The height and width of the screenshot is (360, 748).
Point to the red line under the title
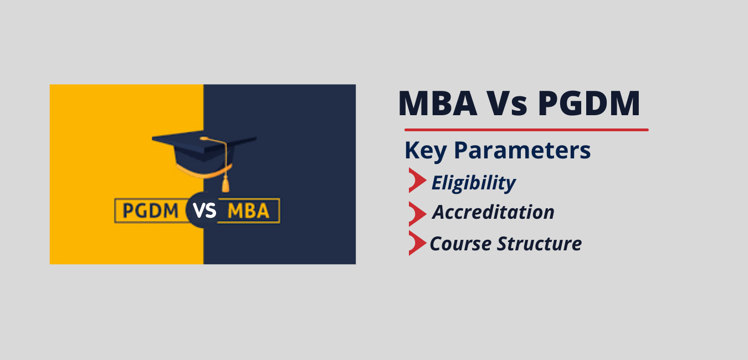pyautogui.click(x=526, y=130)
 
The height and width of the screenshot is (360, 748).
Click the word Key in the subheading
pyautogui.click(x=426, y=151)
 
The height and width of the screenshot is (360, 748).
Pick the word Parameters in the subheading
pyautogui.click(x=522, y=150)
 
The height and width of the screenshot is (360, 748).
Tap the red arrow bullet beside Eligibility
pyautogui.click(x=417, y=180)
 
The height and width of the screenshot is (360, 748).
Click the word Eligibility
pyautogui.click(x=474, y=183)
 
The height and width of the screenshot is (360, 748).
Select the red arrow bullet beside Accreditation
pyautogui.click(x=417, y=214)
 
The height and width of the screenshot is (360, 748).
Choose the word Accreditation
pyautogui.click(x=493, y=212)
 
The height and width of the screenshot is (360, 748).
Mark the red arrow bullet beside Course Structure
pyautogui.click(x=417, y=243)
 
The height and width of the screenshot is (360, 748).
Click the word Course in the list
pyautogui.click(x=460, y=244)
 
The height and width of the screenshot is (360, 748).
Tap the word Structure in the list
pyautogui.click(x=539, y=244)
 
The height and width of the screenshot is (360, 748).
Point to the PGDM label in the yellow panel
pyautogui.click(x=150, y=211)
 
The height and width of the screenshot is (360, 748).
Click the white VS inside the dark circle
pyautogui.click(x=204, y=211)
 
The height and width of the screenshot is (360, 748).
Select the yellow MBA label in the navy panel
pyautogui.click(x=248, y=211)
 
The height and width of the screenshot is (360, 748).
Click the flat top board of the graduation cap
pyautogui.click(x=204, y=141)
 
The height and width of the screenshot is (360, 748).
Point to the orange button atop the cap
pyautogui.click(x=204, y=138)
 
